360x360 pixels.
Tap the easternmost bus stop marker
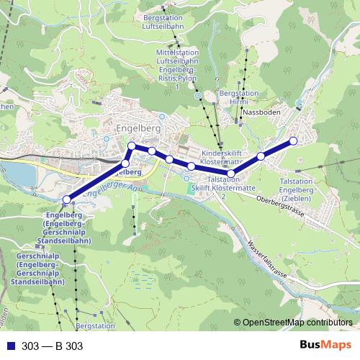pos(293,141)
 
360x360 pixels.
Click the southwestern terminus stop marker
pos(66,199)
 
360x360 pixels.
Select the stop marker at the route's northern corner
pos(132,147)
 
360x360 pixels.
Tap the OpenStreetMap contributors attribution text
pos(297,323)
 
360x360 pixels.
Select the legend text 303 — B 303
pos(53,346)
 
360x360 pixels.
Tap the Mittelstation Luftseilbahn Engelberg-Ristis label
pos(178,69)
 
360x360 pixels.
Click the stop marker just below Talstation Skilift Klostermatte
pos(231,173)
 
